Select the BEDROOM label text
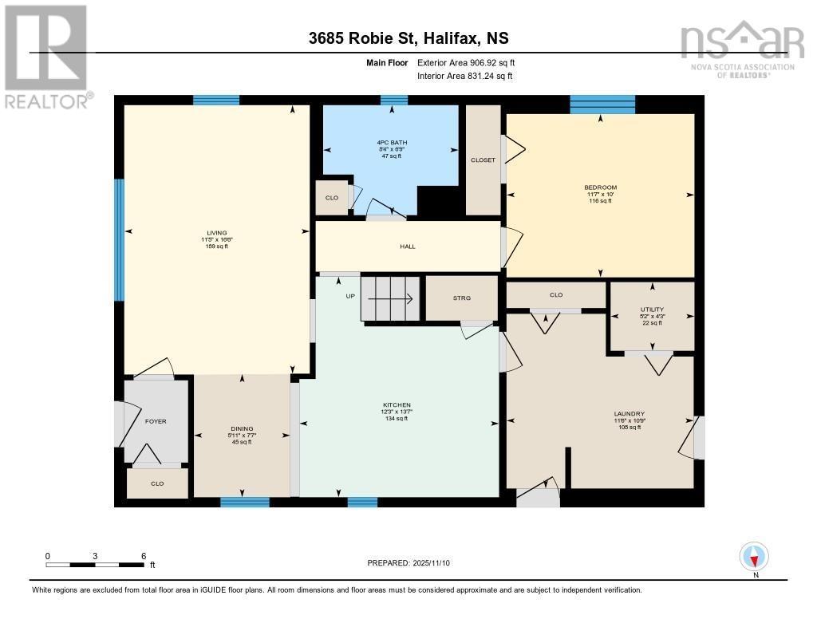pyautogui.click(x=600, y=187)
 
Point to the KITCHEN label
pyautogui.click(x=397, y=405)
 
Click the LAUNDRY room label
pyautogui.click(x=629, y=413)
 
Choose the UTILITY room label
pyautogui.click(x=651, y=310)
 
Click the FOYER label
pyautogui.click(x=156, y=421)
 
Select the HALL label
pyautogui.click(x=407, y=246)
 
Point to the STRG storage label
pyautogui.click(x=462, y=298)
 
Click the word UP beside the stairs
pyautogui.click(x=350, y=297)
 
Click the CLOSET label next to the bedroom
pyautogui.click(x=483, y=160)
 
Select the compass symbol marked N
pyautogui.click(x=754, y=555)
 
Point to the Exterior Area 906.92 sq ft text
pyautogui.click(x=472, y=62)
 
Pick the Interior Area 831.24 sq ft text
pyautogui.click(x=464, y=77)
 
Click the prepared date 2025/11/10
pyautogui.click(x=413, y=562)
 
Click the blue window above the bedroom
pyautogui.click(x=602, y=104)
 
